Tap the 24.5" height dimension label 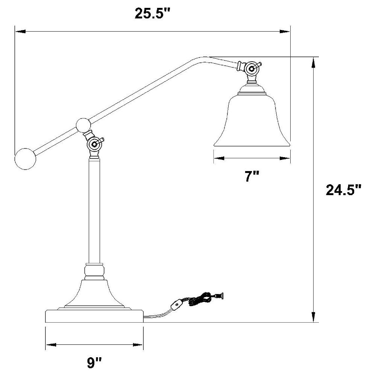[x=343, y=190]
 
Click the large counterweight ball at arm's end [x=25, y=159]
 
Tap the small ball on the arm [x=83, y=125]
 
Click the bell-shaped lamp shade [x=252, y=120]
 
